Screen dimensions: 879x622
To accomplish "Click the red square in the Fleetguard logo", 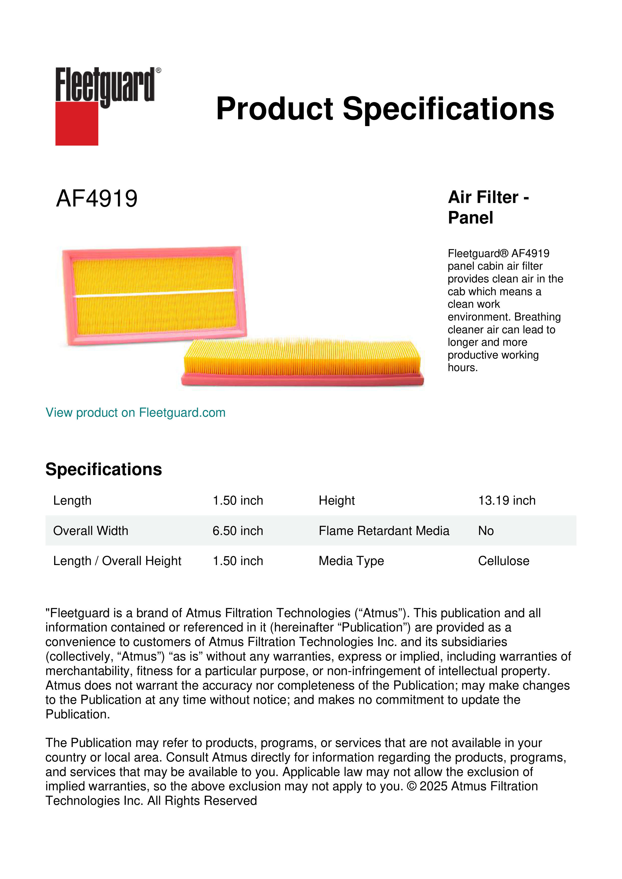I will coord(77,123).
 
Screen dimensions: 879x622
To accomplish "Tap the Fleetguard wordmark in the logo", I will coord(105,85).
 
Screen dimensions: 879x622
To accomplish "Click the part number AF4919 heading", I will coord(97,199).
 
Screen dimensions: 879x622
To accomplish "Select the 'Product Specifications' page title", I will coord(385,109).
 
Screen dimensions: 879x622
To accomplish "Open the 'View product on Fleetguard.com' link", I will coord(135,412).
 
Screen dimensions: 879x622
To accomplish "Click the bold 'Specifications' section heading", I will coord(103,469).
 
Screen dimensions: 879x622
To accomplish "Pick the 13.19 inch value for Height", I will coord(506,500).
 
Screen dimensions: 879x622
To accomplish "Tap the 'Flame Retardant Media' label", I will coord(384,531).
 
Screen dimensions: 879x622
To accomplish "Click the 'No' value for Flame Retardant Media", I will coord(486,531).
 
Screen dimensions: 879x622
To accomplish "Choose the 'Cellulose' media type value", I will coord(503,561).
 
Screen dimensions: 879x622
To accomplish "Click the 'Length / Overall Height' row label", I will coord(117,561).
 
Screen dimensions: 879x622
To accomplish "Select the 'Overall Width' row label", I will coord(91,531).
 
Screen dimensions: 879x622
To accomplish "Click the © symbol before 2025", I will coord(411,786).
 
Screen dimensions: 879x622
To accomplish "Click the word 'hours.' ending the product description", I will coord(462,368).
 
